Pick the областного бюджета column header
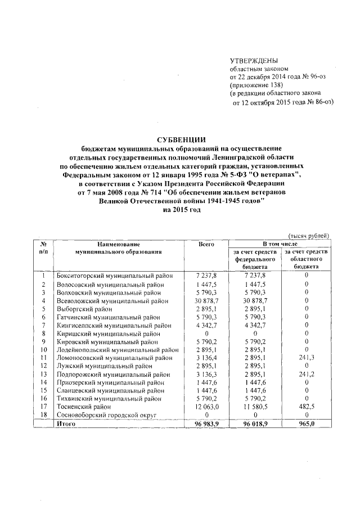307,259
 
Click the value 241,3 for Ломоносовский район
307,358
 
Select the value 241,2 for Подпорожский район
307,374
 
